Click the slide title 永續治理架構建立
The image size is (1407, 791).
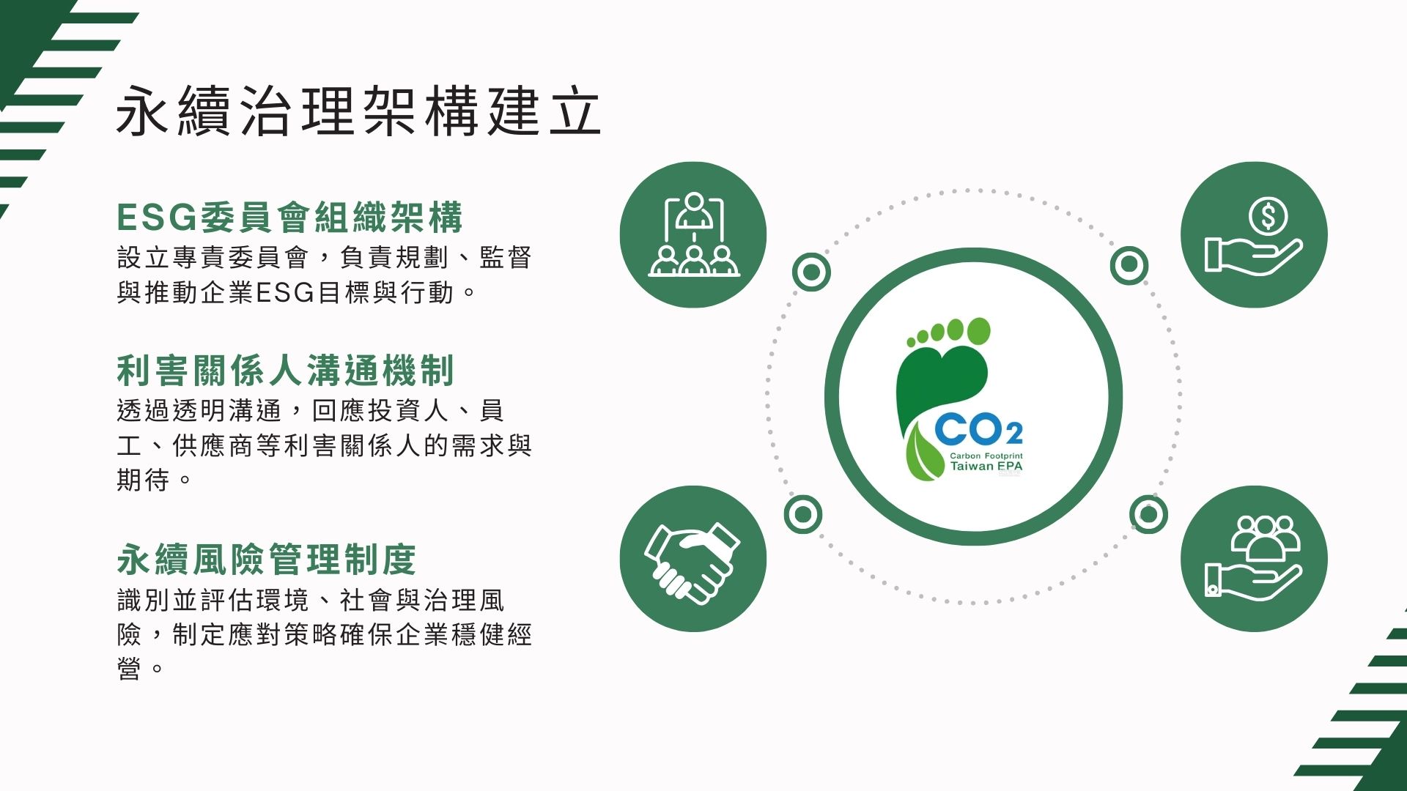click(358, 111)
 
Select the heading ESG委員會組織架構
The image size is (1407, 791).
click(290, 218)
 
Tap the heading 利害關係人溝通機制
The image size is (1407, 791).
click(286, 370)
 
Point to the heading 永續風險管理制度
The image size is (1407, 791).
click(267, 560)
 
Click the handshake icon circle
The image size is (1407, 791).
click(693, 559)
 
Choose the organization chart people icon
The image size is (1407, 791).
click(693, 235)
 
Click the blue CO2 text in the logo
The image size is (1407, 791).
click(978, 430)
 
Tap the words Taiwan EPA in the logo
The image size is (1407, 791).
click(986, 467)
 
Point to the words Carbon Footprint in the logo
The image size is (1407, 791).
click(986, 456)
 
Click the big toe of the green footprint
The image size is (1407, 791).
click(978, 331)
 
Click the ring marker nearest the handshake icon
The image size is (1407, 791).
click(802, 515)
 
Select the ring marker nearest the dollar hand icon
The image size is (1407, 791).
click(1129, 264)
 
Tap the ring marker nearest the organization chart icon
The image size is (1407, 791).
click(811, 272)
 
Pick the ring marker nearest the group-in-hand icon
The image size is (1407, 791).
click(1148, 514)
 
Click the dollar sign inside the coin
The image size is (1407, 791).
click(1268, 216)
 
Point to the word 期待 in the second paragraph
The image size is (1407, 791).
click(144, 480)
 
